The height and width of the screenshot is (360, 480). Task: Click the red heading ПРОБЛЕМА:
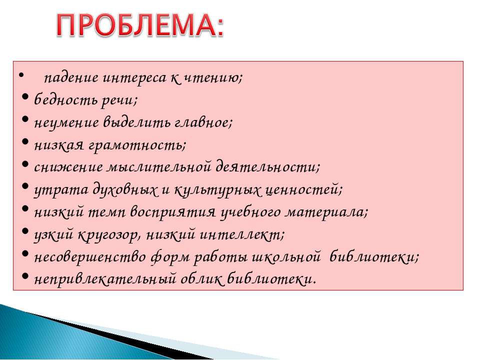click(x=140, y=25)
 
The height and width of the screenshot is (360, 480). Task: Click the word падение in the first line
click(x=71, y=78)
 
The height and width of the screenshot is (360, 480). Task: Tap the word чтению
click(x=211, y=78)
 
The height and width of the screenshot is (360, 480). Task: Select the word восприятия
click(x=173, y=212)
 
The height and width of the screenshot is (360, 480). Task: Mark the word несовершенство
click(x=90, y=257)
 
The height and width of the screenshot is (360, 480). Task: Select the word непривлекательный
click(x=105, y=279)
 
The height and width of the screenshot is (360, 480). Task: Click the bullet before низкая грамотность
click(x=25, y=142)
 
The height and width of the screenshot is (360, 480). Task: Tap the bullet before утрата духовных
click(x=25, y=186)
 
